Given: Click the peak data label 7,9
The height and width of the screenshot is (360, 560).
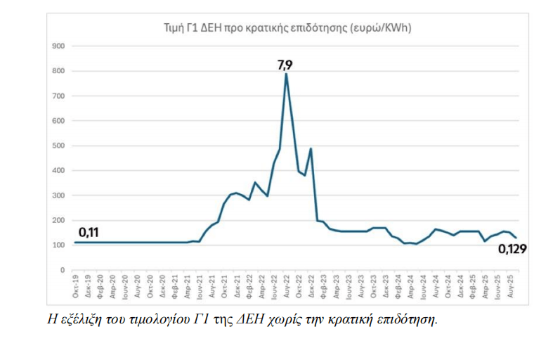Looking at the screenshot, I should [x=285, y=65].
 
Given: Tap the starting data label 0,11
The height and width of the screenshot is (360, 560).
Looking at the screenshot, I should [x=87, y=232].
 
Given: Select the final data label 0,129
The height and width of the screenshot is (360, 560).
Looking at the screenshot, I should [x=512, y=248].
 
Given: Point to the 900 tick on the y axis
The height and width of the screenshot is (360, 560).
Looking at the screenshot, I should [x=59, y=46].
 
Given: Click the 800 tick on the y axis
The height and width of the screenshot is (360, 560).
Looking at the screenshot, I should [x=59, y=71].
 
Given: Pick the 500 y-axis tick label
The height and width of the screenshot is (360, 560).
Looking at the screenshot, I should [x=59, y=146].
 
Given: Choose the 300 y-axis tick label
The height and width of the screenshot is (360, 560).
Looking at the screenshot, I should [x=59, y=195].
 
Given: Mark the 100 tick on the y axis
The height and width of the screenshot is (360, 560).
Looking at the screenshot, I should [x=59, y=245].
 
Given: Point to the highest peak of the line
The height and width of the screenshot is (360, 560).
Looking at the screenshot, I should [x=286, y=74].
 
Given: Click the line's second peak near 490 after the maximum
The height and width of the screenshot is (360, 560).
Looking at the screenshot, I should [x=311, y=149].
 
